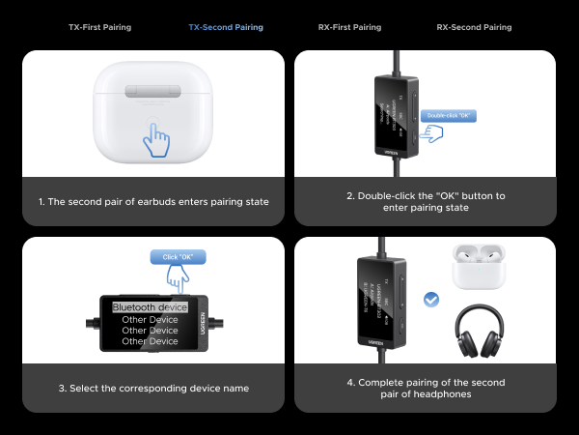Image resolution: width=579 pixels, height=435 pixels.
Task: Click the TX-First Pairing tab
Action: click(100, 28)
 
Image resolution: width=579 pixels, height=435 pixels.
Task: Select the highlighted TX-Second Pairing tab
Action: click(225, 28)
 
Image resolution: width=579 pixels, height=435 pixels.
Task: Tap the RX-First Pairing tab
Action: click(349, 28)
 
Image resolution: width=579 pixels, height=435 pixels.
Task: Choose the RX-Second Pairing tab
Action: click(475, 28)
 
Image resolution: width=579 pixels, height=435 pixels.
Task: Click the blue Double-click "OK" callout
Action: click(448, 116)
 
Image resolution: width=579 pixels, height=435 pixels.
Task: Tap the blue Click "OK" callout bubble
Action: click(179, 257)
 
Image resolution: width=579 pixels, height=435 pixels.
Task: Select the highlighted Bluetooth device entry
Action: click(150, 307)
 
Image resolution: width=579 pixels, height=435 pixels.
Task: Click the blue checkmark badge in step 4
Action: click(431, 301)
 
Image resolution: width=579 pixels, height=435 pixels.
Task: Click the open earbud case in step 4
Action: click(479, 269)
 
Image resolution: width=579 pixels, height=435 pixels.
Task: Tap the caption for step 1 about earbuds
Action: click(154, 201)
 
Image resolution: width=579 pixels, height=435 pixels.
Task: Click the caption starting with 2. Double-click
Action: click(426, 201)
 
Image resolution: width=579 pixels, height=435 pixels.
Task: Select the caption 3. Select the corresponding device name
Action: click(154, 389)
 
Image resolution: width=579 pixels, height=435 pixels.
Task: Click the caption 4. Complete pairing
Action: click(426, 389)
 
